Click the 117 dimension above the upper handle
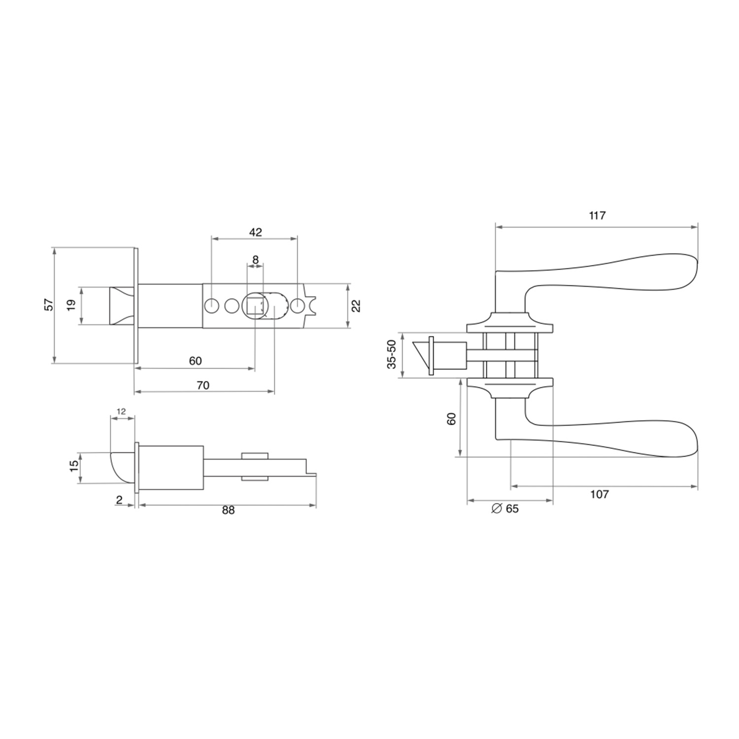pos(597,215)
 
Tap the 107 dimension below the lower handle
pos(599,494)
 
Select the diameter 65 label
pos(505,508)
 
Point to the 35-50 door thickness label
pos(392,354)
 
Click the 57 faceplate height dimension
pos(48,304)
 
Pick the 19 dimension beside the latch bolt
pos(72,305)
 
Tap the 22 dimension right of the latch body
pos(357,306)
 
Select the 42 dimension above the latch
pos(255,232)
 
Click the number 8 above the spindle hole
pos(255,259)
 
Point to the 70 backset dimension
pos(203,385)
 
